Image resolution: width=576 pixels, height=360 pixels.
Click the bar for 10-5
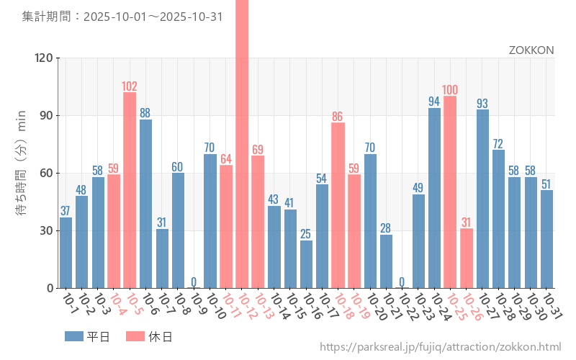130,190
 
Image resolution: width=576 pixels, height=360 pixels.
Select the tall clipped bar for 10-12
242,144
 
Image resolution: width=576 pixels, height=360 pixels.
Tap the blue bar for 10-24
434,198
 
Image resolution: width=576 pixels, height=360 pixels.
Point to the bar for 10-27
482,199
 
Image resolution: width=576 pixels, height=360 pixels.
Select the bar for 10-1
66,253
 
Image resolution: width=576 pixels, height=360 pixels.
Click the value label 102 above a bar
130,86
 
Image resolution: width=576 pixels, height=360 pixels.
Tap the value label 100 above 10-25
450,90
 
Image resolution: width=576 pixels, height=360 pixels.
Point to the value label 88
145,113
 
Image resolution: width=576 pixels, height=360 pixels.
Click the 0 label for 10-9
194,282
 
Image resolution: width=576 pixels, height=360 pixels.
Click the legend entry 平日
86,336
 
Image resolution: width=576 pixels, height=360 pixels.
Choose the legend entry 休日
148,336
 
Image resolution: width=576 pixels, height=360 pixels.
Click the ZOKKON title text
531,50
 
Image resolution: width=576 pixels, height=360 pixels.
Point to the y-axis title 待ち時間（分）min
22,173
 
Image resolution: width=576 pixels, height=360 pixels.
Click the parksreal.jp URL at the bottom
440,348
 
